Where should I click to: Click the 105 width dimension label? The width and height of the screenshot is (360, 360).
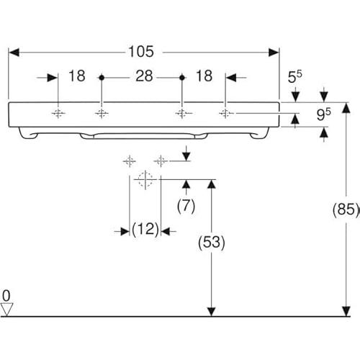(x=141, y=52)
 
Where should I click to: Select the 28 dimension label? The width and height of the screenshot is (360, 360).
(x=144, y=76)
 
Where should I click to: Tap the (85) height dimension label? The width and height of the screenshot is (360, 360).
(x=346, y=210)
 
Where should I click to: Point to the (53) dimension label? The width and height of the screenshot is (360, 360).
(x=212, y=242)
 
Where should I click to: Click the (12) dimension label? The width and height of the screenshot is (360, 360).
(x=145, y=229)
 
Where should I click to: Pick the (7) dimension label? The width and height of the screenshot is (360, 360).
(x=186, y=206)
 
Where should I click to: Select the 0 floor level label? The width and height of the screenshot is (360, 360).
(x=6, y=296)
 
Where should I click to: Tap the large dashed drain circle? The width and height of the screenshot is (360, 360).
(x=145, y=179)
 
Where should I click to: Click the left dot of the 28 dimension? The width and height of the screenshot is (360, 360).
(x=102, y=78)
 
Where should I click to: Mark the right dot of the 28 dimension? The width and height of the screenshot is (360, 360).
(x=182, y=78)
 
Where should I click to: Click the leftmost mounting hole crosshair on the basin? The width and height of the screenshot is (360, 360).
(x=58, y=113)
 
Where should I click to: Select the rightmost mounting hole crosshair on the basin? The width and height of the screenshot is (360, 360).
(x=225, y=113)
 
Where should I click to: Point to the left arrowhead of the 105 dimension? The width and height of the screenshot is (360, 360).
(x=14, y=53)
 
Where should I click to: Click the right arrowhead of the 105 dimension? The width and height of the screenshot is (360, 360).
(x=274, y=53)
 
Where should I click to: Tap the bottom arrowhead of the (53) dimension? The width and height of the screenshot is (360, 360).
(x=211, y=311)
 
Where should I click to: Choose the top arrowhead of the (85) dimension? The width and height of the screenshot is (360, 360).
(x=346, y=107)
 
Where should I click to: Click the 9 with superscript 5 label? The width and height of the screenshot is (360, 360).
(x=323, y=114)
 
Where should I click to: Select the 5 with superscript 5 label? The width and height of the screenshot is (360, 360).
(x=295, y=77)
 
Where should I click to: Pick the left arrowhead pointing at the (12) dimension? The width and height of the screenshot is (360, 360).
(x=125, y=232)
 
